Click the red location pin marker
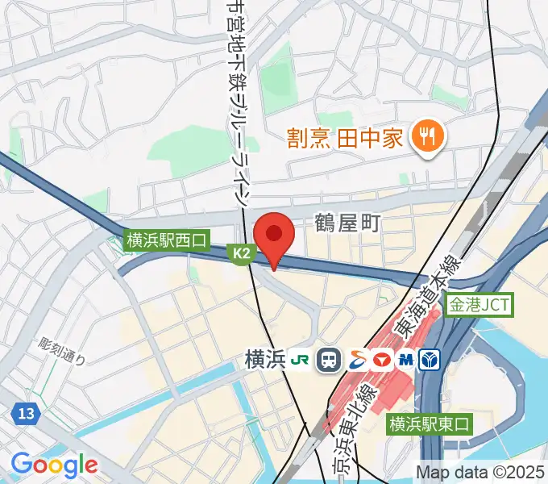pyautogui.click(x=274, y=236)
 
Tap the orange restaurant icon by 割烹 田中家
pyautogui.click(x=423, y=138)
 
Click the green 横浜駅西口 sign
pyautogui.click(x=167, y=240)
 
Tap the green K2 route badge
pyautogui.click(x=243, y=254)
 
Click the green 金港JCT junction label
pyautogui.click(x=480, y=306)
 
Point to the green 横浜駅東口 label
pyautogui.click(x=429, y=423)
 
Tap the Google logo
pyautogui.click(x=54, y=465)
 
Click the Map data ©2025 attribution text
pyautogui.click(x=480, y=471)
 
